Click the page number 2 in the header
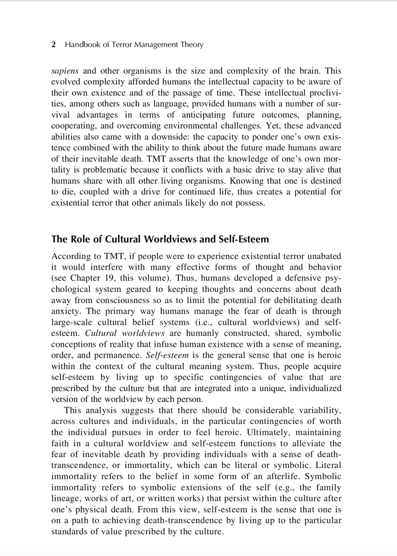[54, 45]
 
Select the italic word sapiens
[65, 71]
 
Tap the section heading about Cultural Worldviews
[160, 239]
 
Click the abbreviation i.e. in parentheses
[206, 322]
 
